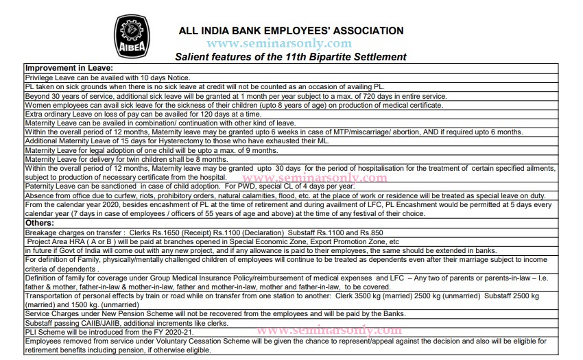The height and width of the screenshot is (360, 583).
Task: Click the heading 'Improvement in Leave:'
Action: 69,69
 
